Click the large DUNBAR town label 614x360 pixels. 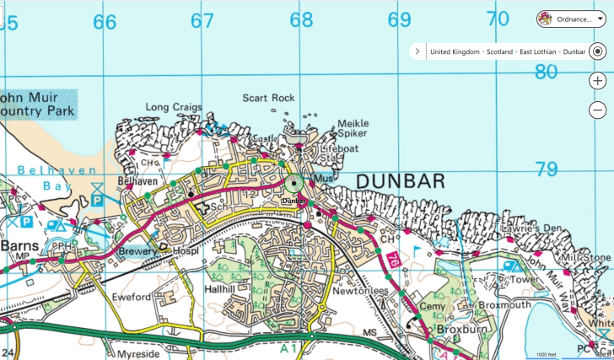[x=400, y=182]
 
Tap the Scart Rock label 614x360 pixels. [x=268, y=99]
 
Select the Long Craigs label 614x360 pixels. [x=174, y=107]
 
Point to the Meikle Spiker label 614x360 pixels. [x=353, y=128]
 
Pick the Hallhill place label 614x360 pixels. [x=224, y=288]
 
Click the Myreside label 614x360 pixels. [x=138, y=354]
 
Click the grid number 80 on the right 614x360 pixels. [x=546, y=73]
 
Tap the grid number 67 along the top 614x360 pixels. [x=202, y=21]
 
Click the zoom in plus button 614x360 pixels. [x=597, y=81]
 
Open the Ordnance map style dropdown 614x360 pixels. [x=570, y=19]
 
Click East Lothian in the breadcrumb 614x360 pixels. [x=537, y=51]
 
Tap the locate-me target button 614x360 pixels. [x=597, y=51]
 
